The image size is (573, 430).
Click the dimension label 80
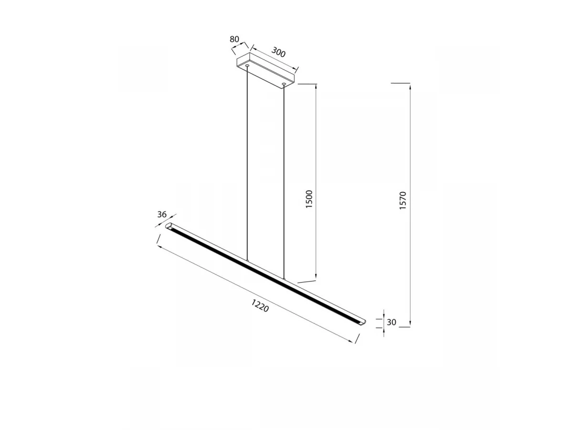234,39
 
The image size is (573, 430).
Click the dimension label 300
278,52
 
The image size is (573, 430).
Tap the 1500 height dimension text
309,199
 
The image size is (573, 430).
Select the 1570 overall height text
403,200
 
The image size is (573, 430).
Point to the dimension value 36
162,215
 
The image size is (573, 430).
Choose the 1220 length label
260,305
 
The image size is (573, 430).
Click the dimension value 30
391,322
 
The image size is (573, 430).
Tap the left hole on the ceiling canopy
247,65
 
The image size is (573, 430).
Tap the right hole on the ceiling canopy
284,84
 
